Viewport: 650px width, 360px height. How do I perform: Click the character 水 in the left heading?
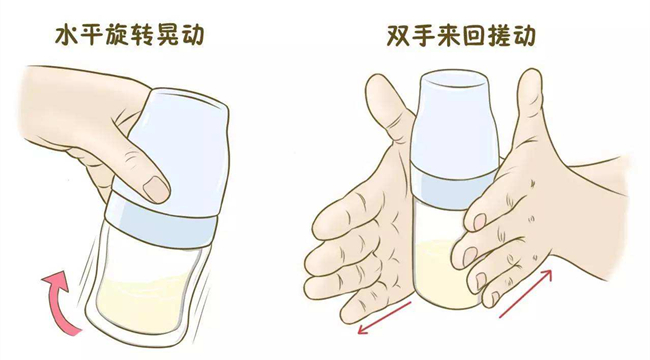pyautogui.click(x=67, y=34)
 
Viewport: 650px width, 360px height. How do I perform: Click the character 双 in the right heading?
pyautogui.click(x=399, y=36)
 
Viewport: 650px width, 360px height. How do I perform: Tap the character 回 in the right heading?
pyautogui.click(x=474, y=36)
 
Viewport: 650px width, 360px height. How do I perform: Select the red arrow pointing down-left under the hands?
pyautogui.click(x=384, y=318)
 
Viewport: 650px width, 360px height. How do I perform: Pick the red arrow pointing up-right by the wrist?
pyautogui.click(x=526, y=293)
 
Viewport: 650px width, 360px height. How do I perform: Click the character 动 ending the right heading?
pyautogui.click(x=524, y=36)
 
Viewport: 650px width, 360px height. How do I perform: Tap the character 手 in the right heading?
pyautogui.click(x=424, y=36)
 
